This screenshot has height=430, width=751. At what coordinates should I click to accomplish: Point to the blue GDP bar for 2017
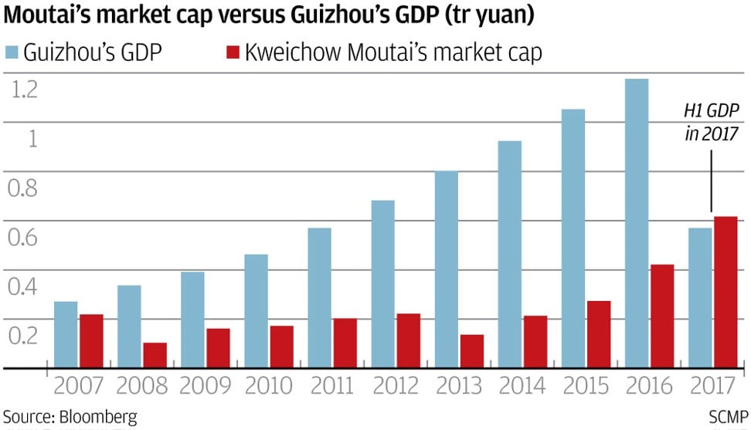699,297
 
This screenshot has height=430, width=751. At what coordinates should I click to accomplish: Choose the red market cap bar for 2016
661,316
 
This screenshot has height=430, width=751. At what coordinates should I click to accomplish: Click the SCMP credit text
727,416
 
